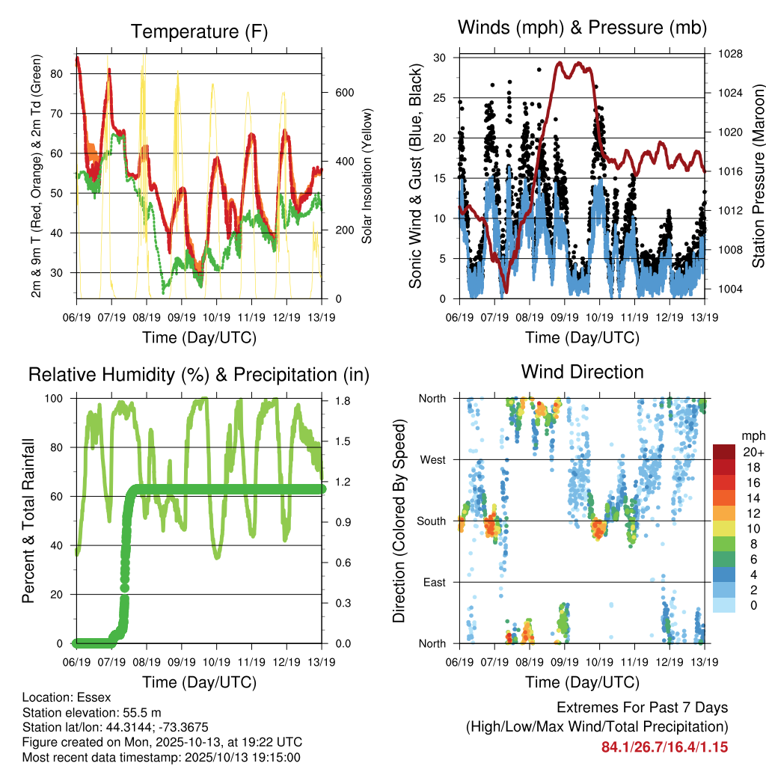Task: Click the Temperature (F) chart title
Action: pyautogui.click(x=199, y=31)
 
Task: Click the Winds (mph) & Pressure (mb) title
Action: pyautogui.click(x=582, y=28)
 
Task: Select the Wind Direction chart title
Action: pyautogui.click(x=582, y=372)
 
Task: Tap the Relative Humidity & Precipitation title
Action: pyautogui.click(x=199, y=374)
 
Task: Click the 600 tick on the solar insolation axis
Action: pyautogui.click(x=343, y=93)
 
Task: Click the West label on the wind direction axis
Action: pyautogui.click(x=432, y=459)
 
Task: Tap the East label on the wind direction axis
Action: pyautogui.click(x=433, y=582)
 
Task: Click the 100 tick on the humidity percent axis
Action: pyautogui.click(x=56, y=399)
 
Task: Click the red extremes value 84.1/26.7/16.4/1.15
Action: pyautogui.click(x=664, y=747)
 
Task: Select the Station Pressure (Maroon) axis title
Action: pyautogui.click(x=758, y=177)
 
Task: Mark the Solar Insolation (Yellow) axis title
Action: pyautogui.click(x=367, y=177)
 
